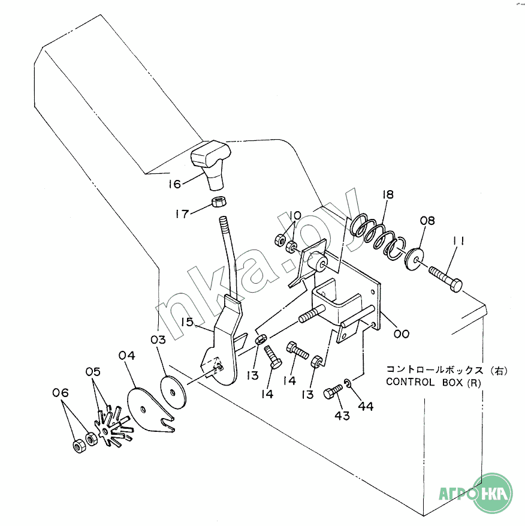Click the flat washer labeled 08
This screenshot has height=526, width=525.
click(x=414, y=258)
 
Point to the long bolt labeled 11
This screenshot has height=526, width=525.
click(x=446, y=279)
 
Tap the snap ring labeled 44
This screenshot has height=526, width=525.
click(x=348, y=383)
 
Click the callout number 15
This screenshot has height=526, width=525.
click(x=187, y=321)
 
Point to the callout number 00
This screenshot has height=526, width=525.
click(x=402, y=334)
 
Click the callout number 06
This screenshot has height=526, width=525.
click(x=61, y=392)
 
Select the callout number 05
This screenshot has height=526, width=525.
click(x=93, y=372)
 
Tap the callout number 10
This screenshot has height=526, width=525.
click(x=295, y=215)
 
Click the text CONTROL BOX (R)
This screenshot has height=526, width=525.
click(x=433, y=383)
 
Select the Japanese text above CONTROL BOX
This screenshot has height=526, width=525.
click(x=447, y=370)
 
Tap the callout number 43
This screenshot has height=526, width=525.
click(x=342, y=416)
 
